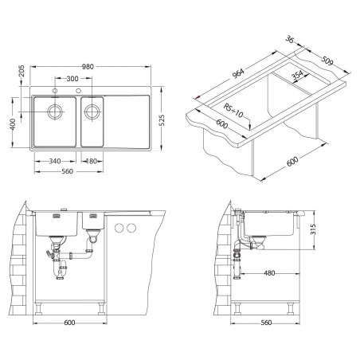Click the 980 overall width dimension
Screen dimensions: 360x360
88,67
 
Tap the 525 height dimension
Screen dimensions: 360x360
162,120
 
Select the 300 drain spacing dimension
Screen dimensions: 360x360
72,79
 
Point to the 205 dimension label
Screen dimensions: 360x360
22,71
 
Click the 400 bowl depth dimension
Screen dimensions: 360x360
13,124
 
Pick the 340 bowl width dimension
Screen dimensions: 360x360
55,161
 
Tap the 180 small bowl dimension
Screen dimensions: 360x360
92,161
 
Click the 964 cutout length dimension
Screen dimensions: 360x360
238,73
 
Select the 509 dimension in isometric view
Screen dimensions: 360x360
327,61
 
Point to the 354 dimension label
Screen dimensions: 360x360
297,76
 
